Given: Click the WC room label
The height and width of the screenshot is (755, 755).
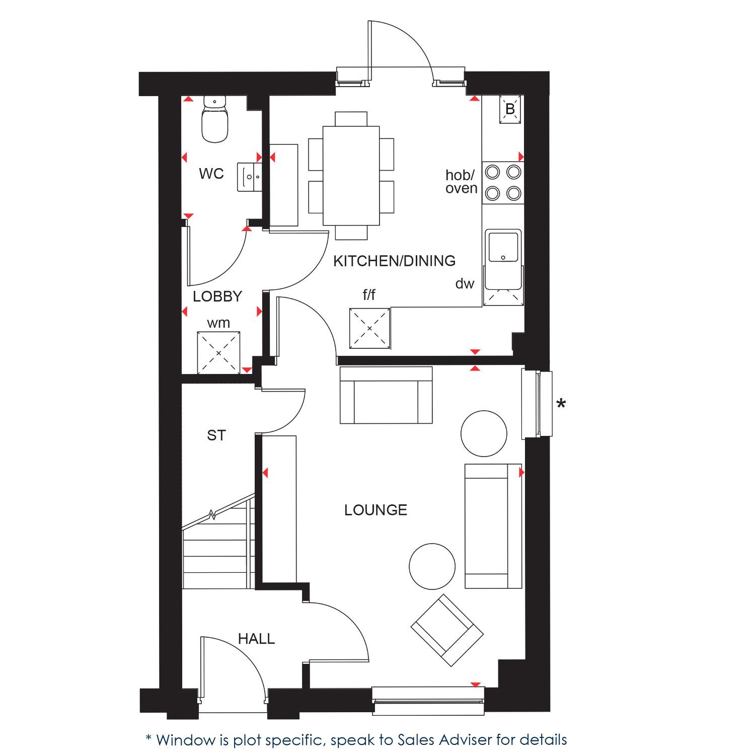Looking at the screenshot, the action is coord(211,174).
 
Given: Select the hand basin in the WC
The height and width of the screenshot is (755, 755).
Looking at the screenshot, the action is coord(250,177).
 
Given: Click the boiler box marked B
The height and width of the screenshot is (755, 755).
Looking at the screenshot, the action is coord(510,109).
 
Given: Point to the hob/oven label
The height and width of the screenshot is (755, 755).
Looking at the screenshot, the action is coord(461,182).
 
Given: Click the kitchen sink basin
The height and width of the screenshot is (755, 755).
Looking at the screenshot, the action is coord(503,247).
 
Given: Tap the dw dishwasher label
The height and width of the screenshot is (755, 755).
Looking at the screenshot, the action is coord(465,284).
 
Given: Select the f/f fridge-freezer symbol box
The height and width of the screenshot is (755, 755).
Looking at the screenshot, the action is coord(369,328).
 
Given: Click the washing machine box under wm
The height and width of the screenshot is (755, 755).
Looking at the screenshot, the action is coord(218,353).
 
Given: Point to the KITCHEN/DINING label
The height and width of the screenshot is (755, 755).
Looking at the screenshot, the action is coord(394,261).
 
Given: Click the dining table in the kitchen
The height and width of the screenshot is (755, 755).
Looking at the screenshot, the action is coord(351,176).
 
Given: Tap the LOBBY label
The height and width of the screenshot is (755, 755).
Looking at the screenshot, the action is coord(217,296).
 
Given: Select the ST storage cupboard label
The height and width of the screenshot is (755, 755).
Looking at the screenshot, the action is coord(216,435).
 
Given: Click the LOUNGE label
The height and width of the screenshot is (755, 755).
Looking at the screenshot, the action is coord(375,510).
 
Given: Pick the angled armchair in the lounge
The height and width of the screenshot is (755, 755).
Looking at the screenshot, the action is coord(447,630).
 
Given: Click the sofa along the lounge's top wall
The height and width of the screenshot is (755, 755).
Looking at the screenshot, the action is coord(386,395).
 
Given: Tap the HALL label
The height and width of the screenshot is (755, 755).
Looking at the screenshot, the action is coord(256,639).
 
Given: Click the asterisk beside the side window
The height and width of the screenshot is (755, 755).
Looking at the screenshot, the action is coord(561,403).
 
